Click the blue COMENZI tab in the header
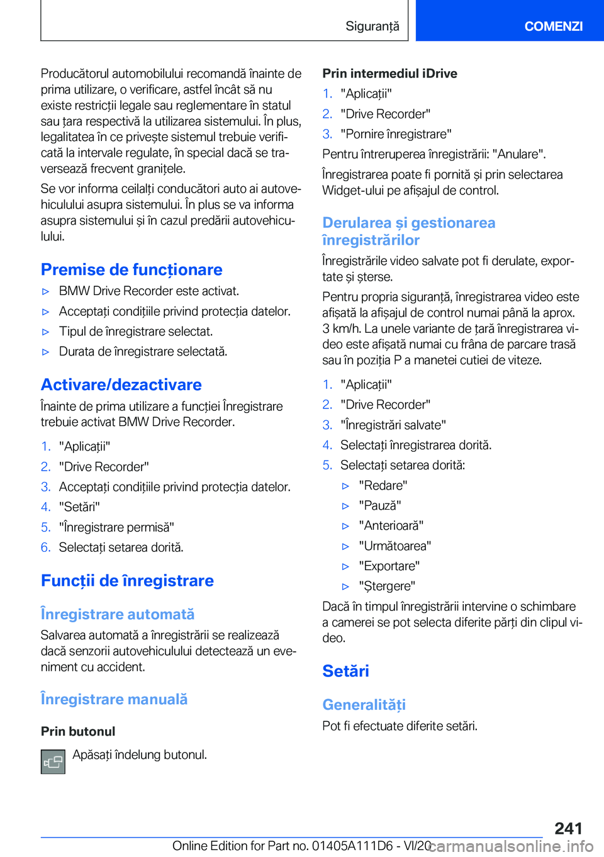[553, 26]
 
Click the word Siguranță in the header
[372, 26]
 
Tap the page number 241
[568, 828]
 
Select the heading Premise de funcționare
[131, 269]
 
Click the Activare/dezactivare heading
[121, 384]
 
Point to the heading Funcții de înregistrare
[127, 580]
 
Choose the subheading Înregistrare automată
[118, 614]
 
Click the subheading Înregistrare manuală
[114, 699]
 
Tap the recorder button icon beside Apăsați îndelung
[53, 761]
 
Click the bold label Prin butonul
[78, 731]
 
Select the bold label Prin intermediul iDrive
[389, 74]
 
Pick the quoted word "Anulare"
[518, 154]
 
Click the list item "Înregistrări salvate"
[393, 425]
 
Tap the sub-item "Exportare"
[389, 566]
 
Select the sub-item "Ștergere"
[387, 586]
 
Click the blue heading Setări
[345, 671]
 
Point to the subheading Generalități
[364, 705]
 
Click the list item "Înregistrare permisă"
[116, 527]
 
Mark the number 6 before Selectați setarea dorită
[45, 547]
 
